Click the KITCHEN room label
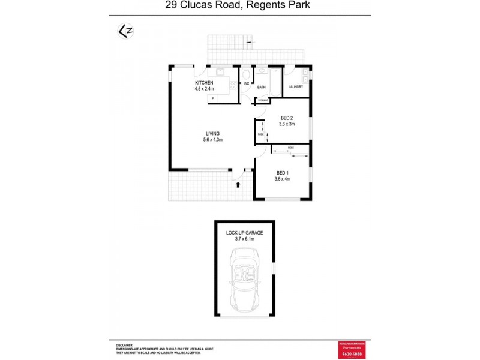(203, 82)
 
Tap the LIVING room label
(212, 133)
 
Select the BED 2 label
(287, 118)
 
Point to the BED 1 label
(282, 173)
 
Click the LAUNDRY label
(296, 87)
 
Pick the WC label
(247, 83)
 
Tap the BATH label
(262, 87)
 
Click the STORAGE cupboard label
(263, 100)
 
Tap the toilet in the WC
(247, 74)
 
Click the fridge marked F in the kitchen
(212, 98)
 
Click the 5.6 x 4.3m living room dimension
(212, 140)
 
